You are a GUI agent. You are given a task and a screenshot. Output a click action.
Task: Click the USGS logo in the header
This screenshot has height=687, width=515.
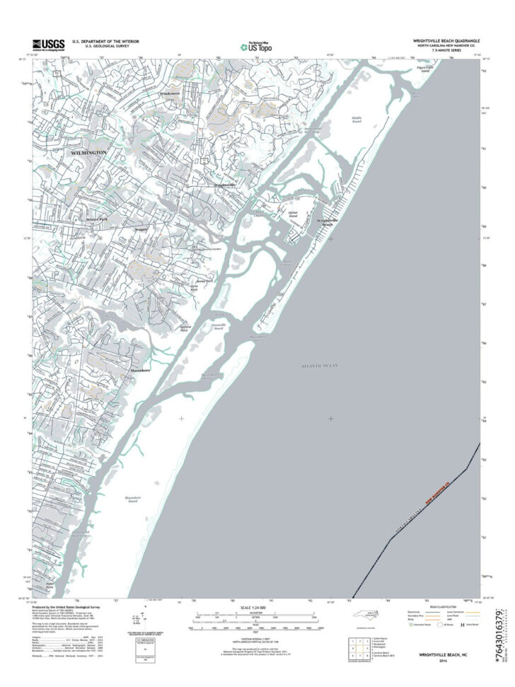click(47, 45)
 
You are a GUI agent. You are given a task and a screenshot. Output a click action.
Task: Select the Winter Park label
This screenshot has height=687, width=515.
click(97, 219)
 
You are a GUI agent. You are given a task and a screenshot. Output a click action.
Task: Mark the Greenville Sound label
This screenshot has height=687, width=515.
click(219, 326)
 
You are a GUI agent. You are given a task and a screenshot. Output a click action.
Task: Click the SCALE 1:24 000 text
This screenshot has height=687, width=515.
click(256, 607)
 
